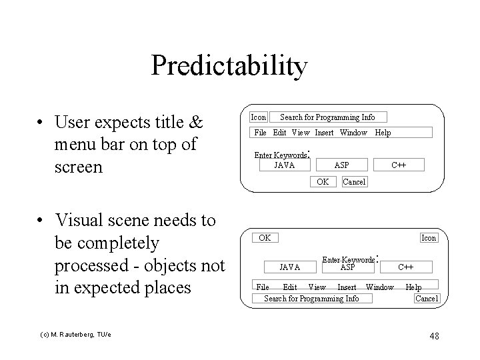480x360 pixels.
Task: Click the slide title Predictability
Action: pyautogui.click(x=229, y=66)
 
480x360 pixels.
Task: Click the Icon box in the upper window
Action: pyautogui.click(x=258, y=117)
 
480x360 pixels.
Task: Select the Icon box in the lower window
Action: pyautogui.click(x=429, y=238)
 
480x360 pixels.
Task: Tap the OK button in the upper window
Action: pyautogui.click(x=323, y=182)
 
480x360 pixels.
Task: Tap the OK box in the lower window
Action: pyautogui.click(x=265, y=238)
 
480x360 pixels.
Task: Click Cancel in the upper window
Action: pyautogui.click(x=354, y=182)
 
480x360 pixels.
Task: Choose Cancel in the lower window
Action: pyautogui.click(x=427, y=299)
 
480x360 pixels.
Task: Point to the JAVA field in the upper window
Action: pyautogui.click(x=285, y=165)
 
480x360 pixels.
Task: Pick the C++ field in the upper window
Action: pyautogui.click(x=399, y=165)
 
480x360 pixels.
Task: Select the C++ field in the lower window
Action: pyautogui.click(x=406, y=267)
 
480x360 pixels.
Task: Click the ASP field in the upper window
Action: pyautogui.click(x=341, y=165)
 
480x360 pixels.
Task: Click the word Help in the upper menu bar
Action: pyautogui.click(x=383, y=133)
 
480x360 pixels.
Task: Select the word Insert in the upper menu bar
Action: pyautogui.click(x=324, y=133)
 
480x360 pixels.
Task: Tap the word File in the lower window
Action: pyautogui.click(x=263, y=287)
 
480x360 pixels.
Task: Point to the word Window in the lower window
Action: pyautogui.click(x=380, y=287)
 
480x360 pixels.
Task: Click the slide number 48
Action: pyautogui.click(x=434, y=336)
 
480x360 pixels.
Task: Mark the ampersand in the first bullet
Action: pyautogui.click(x=196, y=123)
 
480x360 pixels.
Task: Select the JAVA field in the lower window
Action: pyautogui.click(x=289, y=267)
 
